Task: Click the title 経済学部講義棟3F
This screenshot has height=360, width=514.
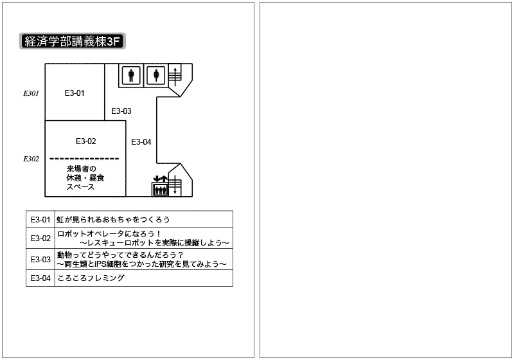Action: coord(73,41)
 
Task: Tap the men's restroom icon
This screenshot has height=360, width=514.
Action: coord(131,75)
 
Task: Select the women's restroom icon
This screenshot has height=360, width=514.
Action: coord(156,75)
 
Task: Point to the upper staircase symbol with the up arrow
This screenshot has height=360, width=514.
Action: coord(175,76)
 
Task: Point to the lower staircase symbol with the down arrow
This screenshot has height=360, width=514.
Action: coord(175,185)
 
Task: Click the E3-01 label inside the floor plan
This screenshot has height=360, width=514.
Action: coord(75,93)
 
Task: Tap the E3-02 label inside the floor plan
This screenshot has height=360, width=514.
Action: coord(86,141)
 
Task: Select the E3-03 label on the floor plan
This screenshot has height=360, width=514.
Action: coord(121,111)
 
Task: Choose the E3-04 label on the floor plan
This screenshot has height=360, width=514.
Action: coord(141,142)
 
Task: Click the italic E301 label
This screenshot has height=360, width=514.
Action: coord(31,93)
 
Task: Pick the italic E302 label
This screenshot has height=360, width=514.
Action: coord(31,159)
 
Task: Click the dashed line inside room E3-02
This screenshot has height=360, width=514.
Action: coord(84,159)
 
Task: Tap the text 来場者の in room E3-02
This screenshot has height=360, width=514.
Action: coord(82,169)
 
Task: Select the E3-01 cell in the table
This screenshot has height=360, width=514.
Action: coord(40,219)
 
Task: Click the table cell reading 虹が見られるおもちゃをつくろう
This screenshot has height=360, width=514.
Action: coord(114,219)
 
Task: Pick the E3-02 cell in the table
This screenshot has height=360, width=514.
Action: coord(40,239)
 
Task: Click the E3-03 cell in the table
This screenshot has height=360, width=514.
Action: coord(40,260)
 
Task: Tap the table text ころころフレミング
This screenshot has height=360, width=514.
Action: coord(91,278)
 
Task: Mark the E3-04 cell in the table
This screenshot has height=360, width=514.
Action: coord(40,278)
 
